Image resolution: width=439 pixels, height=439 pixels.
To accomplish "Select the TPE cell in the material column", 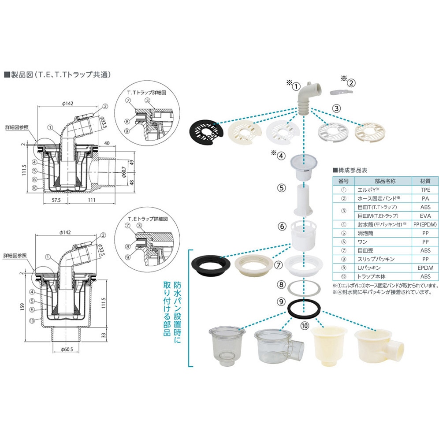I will coord(424,190).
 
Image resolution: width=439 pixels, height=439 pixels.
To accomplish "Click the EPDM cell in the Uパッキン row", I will coord(424,268).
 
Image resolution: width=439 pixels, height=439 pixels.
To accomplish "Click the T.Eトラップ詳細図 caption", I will coord(145,219).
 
